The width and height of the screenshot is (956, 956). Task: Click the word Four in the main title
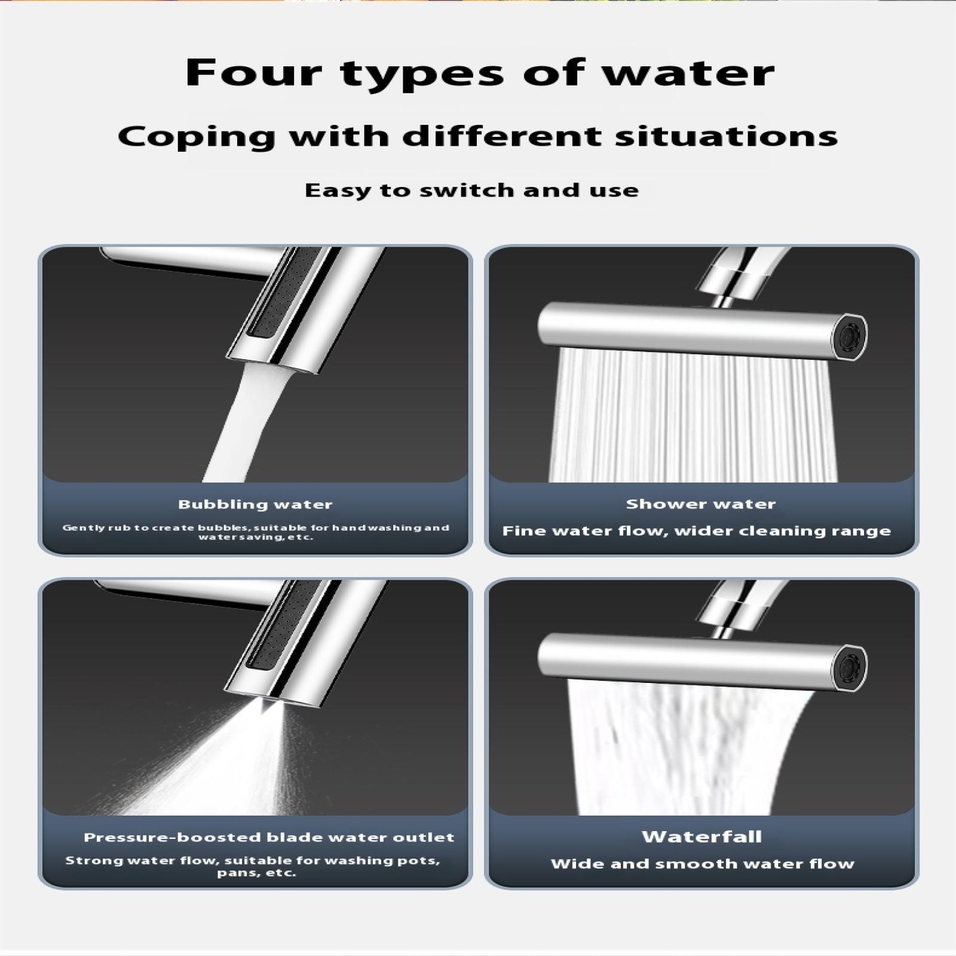(253, 72)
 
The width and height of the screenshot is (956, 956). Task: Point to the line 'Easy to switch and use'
(471, 190)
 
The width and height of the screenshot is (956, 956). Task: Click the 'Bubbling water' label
(255, 504)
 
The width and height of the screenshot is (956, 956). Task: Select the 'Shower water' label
(701, 504)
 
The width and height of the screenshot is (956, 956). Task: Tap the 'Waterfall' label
(702, 836)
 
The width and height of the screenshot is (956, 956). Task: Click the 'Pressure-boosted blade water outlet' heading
(269, 837)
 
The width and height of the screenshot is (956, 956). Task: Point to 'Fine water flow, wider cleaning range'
(697, 531)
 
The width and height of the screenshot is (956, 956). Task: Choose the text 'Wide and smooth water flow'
(703, 863)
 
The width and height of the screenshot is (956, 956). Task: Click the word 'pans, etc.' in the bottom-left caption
(256, 873)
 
